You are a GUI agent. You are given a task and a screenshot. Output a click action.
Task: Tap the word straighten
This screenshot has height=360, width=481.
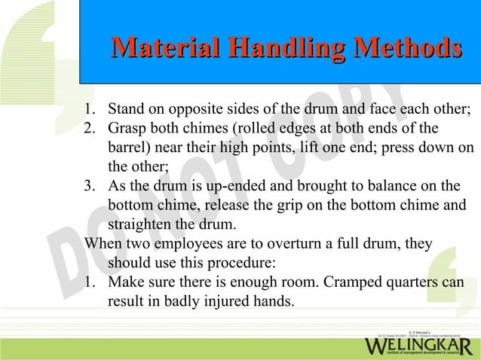pyautogui.click(x=139, y=225)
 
